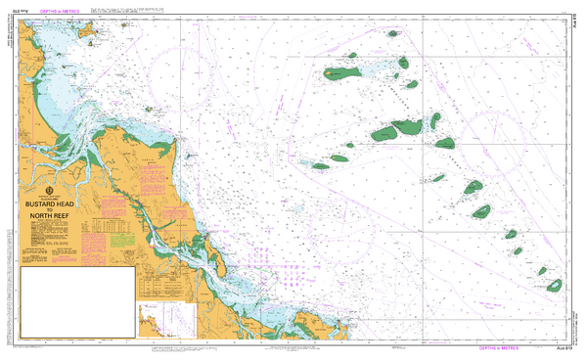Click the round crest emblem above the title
49,190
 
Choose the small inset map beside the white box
168,317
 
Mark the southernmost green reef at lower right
554,286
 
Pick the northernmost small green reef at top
392,33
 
